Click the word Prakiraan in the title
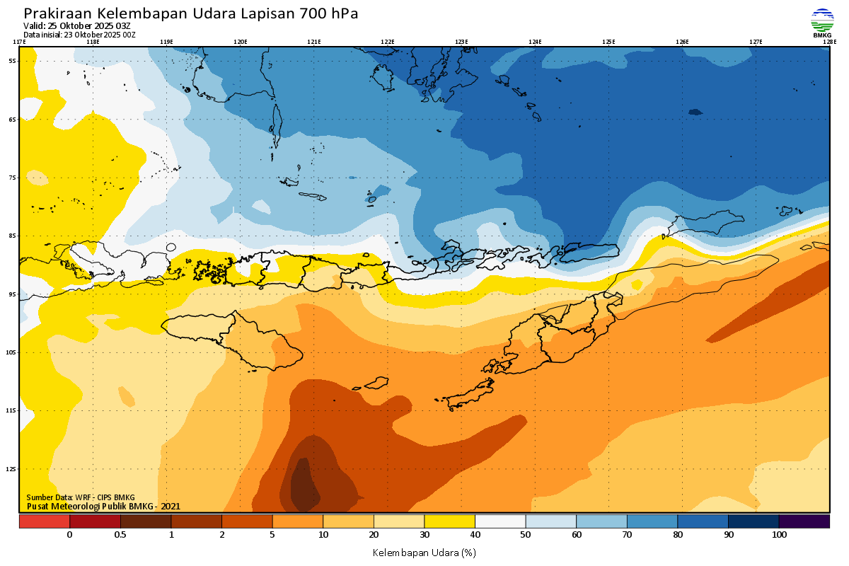57,13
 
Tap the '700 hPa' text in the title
330,13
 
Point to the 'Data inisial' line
79,35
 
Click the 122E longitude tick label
387,42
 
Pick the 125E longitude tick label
608,42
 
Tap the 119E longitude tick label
166,42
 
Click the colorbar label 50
526,535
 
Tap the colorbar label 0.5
120,535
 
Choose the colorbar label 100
779,535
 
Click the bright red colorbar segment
44,521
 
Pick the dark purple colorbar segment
804,521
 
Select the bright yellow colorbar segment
449,521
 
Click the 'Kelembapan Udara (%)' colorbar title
424,552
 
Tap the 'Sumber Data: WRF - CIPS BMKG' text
81,497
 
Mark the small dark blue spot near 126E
695,112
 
